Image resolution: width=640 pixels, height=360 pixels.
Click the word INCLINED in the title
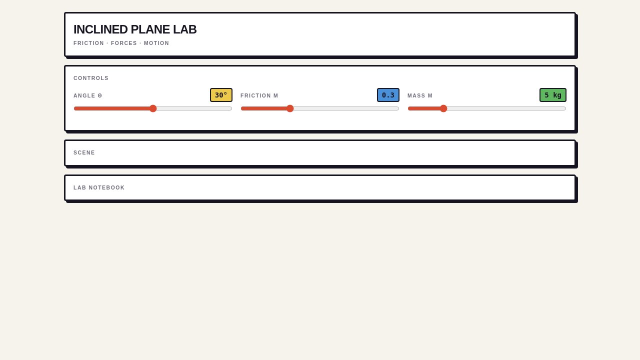100,29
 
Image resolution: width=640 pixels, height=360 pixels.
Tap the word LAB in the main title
185,29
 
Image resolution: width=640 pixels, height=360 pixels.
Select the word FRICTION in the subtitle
88,43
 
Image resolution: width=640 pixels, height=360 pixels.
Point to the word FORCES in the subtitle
124,43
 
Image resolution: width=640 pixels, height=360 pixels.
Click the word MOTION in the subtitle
156,43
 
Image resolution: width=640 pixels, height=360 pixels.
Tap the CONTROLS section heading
91,78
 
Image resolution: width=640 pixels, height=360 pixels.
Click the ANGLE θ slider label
87,95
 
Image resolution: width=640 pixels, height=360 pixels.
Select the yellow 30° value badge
221,95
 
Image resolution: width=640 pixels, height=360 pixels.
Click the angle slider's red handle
153,108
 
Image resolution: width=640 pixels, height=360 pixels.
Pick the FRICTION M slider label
259,95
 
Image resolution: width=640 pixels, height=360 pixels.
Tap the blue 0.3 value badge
388,95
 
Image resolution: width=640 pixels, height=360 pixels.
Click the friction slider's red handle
290,108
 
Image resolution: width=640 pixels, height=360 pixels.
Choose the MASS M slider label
420,95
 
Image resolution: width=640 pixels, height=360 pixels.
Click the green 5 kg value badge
553,95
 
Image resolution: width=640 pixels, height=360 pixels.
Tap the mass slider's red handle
443,108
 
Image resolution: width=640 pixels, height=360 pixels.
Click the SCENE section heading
84,153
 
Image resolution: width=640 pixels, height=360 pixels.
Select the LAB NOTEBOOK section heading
99,187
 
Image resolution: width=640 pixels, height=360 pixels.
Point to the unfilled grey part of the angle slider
194,108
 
